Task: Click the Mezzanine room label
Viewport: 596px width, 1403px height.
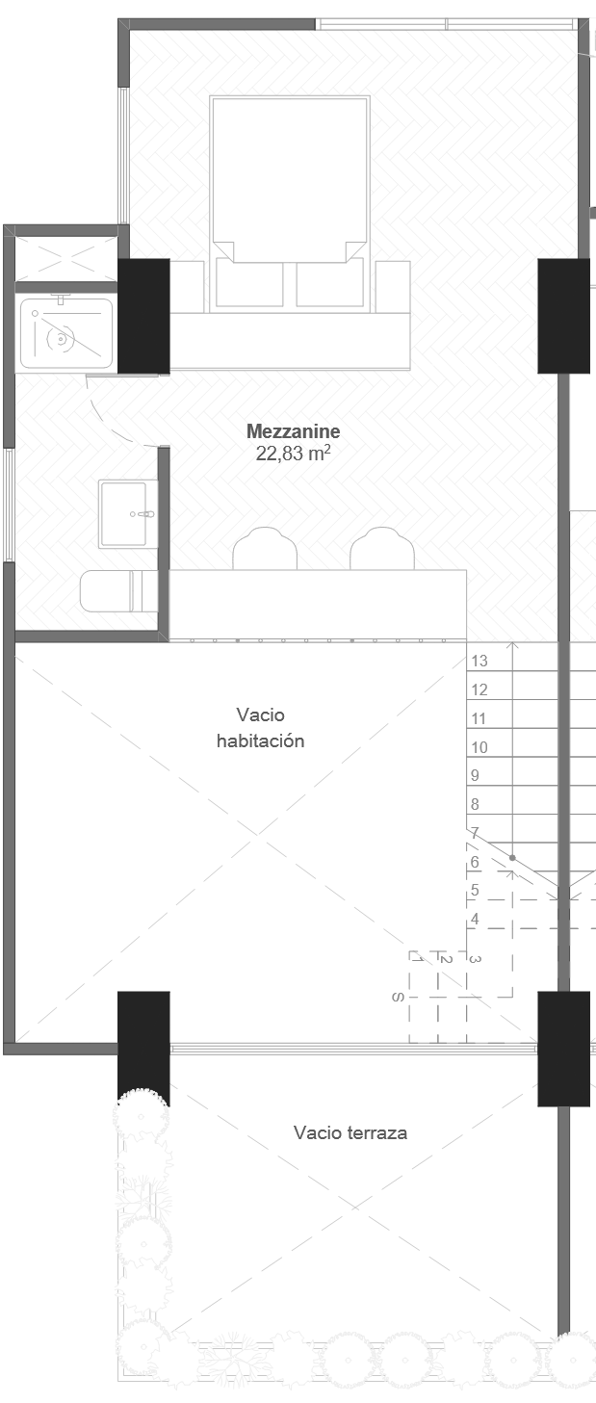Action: pyautogui.click(x=293, y=431)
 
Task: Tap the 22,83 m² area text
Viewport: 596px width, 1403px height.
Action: pyautogui.click(x=293, y=454)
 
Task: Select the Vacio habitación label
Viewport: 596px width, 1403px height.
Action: pyautogui.click(x=260, y=728)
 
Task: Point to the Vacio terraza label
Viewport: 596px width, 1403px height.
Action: pyautogui.click(x=350, y=1132)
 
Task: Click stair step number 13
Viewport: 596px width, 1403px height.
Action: pyautogui.click(x=479, y=661)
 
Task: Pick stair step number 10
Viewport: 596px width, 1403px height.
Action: pyautogui.click(x=479, y=747)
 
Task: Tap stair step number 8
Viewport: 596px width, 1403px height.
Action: pyautogui.click(x=475, y=804)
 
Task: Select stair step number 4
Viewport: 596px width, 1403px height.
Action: pyautogui.click(x=475, y=920)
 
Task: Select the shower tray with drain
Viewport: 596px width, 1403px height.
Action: pyautogui.click(x=65, y=334)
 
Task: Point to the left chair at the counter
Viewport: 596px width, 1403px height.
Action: pyautogui.click(x=265, y=550)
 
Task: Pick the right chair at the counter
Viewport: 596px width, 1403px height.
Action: pyautogui.click(x=382, y=550)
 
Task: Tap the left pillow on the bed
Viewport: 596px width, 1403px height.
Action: pyautogui.click(x=249, y=283)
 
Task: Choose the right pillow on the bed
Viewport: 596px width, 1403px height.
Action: pyautogui.click(x=329, y=283)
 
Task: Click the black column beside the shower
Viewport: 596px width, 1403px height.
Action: pyautogui.click(x=143, y=316)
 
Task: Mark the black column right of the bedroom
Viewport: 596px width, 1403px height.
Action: pyautogui.click(x=563, y=316)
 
